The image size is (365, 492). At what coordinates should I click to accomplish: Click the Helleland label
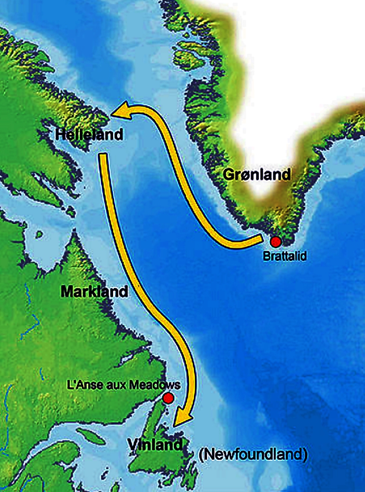coord(89,134)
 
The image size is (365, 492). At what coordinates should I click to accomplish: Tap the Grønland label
coord(257,175)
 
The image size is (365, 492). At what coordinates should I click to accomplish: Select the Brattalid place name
coord(284,255)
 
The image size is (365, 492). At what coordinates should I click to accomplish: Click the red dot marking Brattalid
coord(276,242)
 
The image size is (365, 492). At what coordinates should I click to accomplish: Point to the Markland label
coord(95,291)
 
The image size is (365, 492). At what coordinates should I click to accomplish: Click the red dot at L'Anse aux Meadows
coord(168,398)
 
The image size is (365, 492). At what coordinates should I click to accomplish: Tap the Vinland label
coord(155,445)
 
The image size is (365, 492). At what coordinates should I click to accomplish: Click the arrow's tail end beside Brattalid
coord(259,240)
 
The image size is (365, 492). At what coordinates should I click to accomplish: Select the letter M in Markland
coord(67,291)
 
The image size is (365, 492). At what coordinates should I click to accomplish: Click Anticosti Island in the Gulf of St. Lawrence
coord(93,436)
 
